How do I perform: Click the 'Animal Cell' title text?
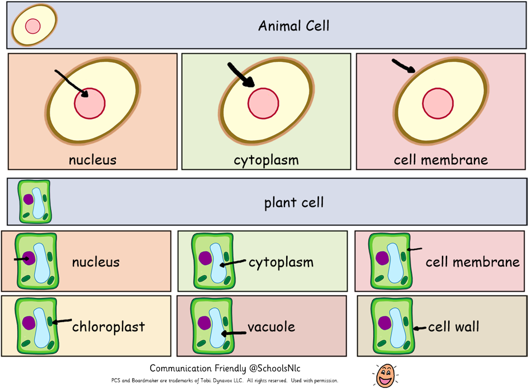pyautogui.click(x=294, y=26)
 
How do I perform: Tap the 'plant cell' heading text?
pyautogui.click(x=294, y=202)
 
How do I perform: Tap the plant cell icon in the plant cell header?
pyautogui.click(x=34, y=201)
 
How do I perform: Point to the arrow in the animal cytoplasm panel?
pyautogui.click(x=240, y=76)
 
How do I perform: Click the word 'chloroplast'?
pyautogui.click(x=108, y=327)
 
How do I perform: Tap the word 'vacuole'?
pyautogui.click(x=271, y=327)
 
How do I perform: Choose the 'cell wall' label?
pyautogui.click(x=454, y=327)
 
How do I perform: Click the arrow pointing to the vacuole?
pyautogui.click(x=234, y=333)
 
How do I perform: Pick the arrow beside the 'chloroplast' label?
pyautogui.click(x=62, y=322)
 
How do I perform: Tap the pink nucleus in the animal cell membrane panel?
pyautogui.click(x=438, y=104)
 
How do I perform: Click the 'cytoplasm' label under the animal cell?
pyautogui.click(x=266, y=160)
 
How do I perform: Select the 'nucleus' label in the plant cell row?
pyautogui.click(x=96, y=262)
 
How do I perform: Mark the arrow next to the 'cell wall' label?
pyautogui.click(x=420, y=328)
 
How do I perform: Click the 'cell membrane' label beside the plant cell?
pyautogui.click(x=472, y=262)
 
